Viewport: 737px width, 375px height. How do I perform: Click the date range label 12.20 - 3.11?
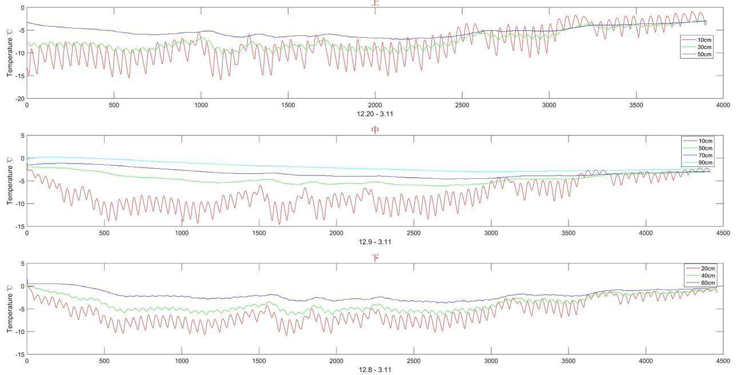[x=375, y=114]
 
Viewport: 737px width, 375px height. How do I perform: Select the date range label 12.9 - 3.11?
[x=375, y=242]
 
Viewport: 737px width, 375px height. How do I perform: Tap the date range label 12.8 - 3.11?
[x=375, y=370]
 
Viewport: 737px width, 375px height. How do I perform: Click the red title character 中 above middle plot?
[x=375, y=130]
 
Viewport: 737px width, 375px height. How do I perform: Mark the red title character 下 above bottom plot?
[x=375, y=258]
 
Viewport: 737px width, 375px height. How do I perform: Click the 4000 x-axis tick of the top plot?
[x=723, y=105]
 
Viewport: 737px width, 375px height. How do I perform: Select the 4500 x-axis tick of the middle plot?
[x=723, y=233]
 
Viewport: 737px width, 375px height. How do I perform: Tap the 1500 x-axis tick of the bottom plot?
[x=259, y=361]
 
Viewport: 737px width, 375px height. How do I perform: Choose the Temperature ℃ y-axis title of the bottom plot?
[x=9, y=309]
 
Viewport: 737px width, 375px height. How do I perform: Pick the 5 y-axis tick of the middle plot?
[x=22, y=136]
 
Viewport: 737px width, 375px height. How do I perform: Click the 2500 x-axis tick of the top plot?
[x=462, y=105]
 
